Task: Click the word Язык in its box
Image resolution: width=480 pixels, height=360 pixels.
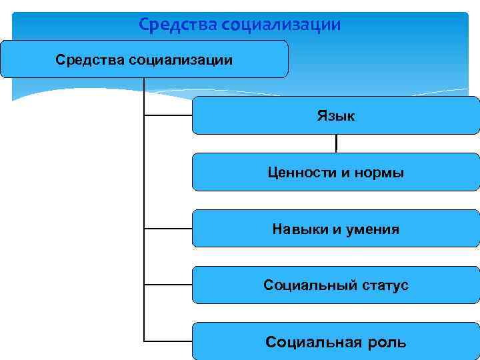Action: (336, 116)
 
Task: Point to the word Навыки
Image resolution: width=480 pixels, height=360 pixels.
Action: (299, 229)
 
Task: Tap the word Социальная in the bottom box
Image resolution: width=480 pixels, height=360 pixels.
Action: (309, 343)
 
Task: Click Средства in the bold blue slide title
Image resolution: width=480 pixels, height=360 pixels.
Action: (177, 25)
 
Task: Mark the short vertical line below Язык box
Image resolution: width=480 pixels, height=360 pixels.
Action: (336, 143)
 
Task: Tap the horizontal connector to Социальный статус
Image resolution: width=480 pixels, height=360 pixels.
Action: (168, 285)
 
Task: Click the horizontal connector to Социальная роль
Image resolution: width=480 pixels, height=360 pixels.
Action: (168, 341)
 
